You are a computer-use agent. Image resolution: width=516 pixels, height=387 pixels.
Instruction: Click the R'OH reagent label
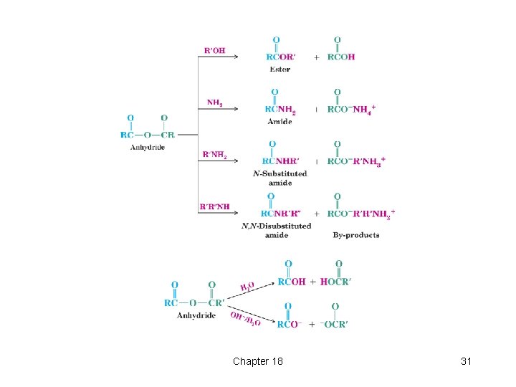[x=214, y=51]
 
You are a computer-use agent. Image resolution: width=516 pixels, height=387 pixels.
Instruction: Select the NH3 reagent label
[x=214, y=102]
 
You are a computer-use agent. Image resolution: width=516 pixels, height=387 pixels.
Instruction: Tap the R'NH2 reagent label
[x=215, y=154]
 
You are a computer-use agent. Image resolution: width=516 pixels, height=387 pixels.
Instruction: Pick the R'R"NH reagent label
[x=215, y=207]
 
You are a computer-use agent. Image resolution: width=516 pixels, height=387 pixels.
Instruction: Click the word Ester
[x=279, y=69]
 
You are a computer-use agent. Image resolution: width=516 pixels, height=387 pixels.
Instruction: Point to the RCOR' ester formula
[x=282, y=57]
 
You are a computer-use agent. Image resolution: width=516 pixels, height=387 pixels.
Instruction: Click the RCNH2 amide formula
[x=280, y=109]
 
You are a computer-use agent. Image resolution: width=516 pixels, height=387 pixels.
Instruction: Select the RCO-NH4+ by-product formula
[x=351, y=109]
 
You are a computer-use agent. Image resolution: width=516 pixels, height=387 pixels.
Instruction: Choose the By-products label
[x=356, y=235]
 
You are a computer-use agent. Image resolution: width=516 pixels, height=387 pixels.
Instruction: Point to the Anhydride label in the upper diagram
[x=147, y=148]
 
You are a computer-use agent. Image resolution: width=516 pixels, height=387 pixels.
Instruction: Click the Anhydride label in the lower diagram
[x=196, y=315]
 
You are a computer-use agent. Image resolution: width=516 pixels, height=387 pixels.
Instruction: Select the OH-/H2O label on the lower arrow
[x=244, y=318]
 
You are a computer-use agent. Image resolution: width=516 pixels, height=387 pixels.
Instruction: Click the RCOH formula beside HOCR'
[x=291, y=282]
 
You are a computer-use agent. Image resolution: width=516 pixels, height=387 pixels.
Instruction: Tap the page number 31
[x=466, y=361]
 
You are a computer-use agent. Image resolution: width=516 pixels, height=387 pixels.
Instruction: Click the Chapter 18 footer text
[x=257, y=361]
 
